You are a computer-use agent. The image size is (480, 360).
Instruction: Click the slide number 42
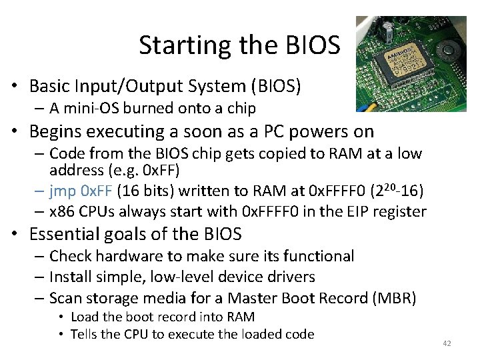(447, 343)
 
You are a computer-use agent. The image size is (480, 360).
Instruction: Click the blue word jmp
(63, 192)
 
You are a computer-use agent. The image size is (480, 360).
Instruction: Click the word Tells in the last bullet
(83, 334)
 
